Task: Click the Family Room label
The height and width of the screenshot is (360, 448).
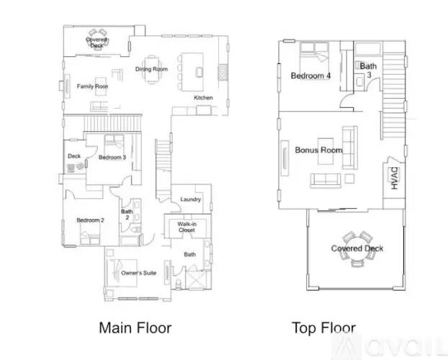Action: [x=93, y=86]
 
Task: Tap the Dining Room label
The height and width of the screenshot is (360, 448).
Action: [x=151, y=69]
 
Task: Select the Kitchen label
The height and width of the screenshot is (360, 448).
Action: [x=203, y=97]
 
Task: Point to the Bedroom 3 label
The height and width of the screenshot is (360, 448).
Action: [x=112, y=157]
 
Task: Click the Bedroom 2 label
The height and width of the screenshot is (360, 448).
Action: [x=91, y=220]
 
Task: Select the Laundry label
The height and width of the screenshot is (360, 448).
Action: [x=191, y=199]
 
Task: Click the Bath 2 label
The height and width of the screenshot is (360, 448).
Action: [x=127, y=215]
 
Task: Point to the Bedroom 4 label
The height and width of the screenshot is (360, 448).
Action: [x=310, y=75]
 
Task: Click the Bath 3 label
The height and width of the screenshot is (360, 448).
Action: [x=367, y=70]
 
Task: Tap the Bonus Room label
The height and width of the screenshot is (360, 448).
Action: [x=318, y=150]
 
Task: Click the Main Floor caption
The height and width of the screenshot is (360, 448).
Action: [x=135, y=328]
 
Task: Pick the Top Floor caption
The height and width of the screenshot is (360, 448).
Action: [x=323, y=328]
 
